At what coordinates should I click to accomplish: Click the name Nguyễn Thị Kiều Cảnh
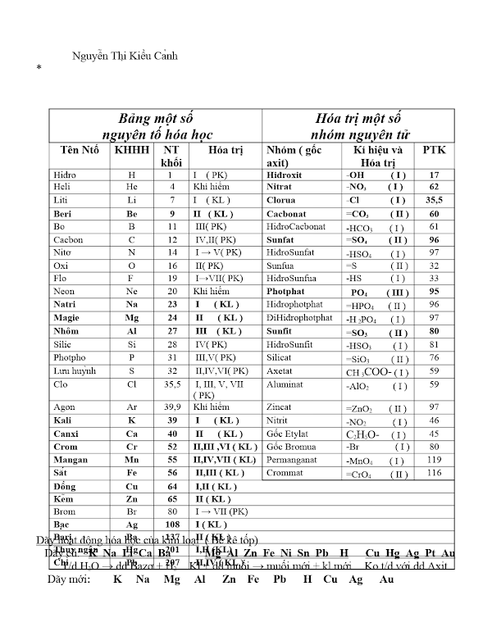[125, 56]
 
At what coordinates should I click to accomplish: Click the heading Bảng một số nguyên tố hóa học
[156, 125]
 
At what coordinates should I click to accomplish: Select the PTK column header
[435, 151]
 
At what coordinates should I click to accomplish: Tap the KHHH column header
[132, 151]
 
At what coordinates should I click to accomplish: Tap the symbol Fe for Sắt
[132, 473]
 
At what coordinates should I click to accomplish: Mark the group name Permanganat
[294, 461]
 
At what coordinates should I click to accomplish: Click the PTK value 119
[435, 461]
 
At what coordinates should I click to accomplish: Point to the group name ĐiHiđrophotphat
[299, 317]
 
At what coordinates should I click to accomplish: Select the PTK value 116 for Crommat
[435, 473]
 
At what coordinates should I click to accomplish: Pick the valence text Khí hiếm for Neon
[211, 291]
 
